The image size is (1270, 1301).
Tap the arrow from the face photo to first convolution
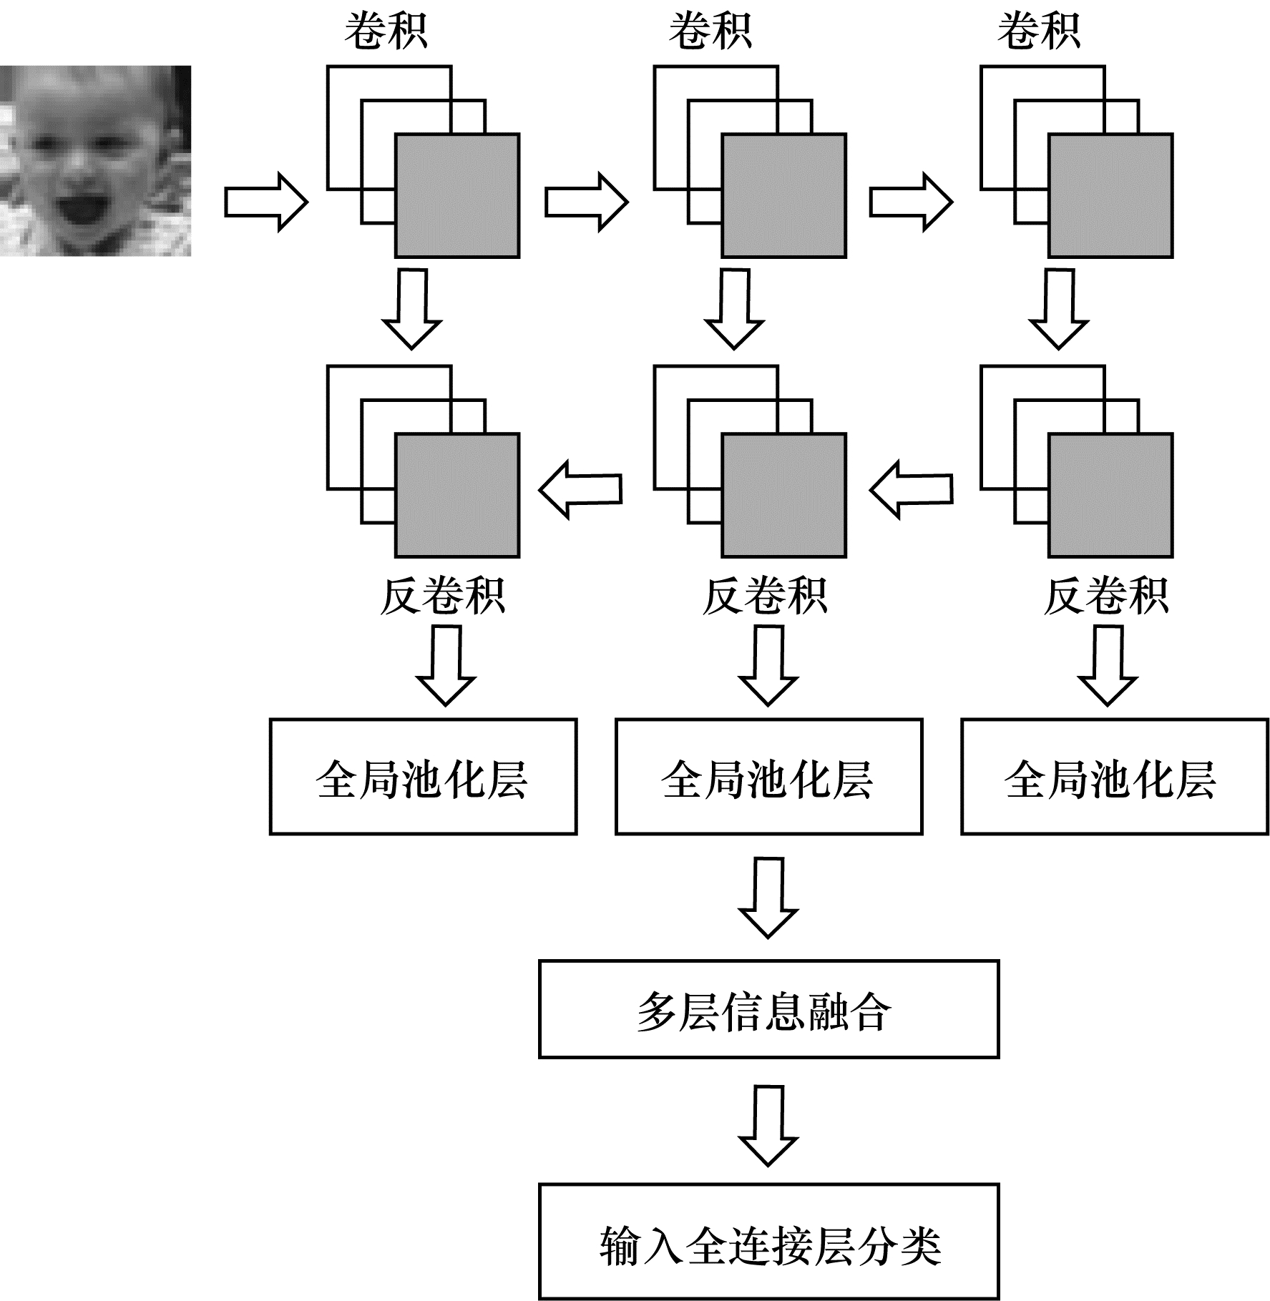(266, 202)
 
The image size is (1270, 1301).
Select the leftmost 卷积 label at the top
(386, 32)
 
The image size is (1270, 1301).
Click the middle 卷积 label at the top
(710, 32)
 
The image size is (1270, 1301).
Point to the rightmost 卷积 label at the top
(1039, 32)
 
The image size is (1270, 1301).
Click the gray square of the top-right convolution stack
(1110, 195)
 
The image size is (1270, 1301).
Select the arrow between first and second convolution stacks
(587, 202)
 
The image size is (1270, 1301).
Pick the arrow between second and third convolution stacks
(912, 202)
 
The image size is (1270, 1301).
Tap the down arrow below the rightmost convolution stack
(1059, 309)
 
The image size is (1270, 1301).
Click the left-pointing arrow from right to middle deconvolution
(911, 489)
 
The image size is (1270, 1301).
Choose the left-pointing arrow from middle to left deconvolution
(580, 489)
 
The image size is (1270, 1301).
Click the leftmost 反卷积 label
(443, 596)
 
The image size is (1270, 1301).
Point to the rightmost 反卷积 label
(1106, 596)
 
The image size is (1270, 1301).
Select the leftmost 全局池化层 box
(424, 777)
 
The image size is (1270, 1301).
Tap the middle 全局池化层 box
(769, 777)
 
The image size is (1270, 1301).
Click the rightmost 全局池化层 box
(1115, 777)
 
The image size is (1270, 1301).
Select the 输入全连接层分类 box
(769, 1242)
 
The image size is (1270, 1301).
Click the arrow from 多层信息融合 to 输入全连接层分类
(768, 1126)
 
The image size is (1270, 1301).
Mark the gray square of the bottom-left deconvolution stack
(457, 495)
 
